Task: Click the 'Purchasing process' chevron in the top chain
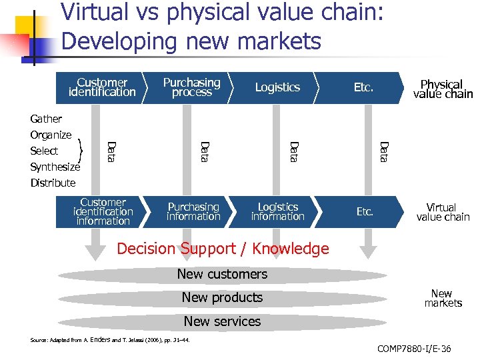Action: point(192,87)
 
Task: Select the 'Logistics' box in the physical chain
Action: point(277,87)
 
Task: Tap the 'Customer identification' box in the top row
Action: point(102,87)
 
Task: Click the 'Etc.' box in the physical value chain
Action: point(363,87)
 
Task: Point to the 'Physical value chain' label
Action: point(442,89)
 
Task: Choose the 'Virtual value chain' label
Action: point(442,212)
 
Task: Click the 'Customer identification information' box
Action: point(103,211)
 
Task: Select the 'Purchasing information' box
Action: point(193,211)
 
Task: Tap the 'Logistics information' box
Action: point(277,211)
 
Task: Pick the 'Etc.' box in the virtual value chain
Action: point(365,211)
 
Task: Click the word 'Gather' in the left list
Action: point(46,119)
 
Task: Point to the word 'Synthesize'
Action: point(55,167)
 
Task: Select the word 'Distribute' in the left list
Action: point(53,183)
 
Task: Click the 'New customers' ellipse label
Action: point(222,274)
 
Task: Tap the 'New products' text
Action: point(222,297)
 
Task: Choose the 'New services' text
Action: point(222,321)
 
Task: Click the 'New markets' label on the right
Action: point(442,298)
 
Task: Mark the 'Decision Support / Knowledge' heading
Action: point(223,249)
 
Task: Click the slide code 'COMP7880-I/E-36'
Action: point(413,349)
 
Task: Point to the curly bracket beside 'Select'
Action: point(81,151)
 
